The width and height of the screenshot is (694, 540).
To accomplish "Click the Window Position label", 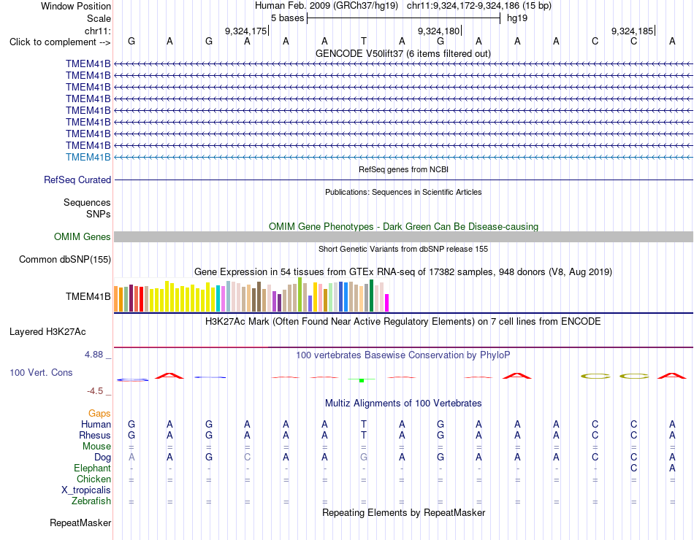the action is click(76, 6).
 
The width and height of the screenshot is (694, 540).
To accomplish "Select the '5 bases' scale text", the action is click(288, 18).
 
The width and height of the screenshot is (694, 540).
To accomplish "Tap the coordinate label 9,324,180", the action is click(438, 31).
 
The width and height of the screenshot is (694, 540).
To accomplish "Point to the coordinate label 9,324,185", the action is click(632, 31).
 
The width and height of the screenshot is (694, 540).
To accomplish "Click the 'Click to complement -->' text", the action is click(60, 42).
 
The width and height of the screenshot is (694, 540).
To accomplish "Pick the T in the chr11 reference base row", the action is click(363, 41).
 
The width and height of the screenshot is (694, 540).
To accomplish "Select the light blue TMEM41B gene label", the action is click(88, 157).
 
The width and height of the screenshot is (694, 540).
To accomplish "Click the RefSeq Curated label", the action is click(77, 180).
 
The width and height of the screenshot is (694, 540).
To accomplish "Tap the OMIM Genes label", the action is click(83, 236).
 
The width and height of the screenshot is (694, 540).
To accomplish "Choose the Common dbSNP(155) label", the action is click(65, 260).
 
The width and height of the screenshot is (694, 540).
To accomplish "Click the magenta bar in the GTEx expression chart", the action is click(387, 303).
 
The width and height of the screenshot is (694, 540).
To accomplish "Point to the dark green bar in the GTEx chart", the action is click(371, 296).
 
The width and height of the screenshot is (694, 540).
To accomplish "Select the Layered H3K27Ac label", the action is click(47, 332).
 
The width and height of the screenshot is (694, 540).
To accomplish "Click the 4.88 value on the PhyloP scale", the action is click(94, 355).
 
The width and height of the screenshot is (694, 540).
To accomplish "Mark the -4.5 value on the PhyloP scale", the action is click(95, 391).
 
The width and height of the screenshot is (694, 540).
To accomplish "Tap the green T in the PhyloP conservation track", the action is click(362, 379).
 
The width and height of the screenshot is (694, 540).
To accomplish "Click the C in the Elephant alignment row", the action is click(634, 468).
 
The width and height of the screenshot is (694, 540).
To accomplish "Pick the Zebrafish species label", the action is click(91, 501).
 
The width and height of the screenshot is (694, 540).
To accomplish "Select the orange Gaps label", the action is click(99, 414).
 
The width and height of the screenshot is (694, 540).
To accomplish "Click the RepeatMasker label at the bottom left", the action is click(80, 522).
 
